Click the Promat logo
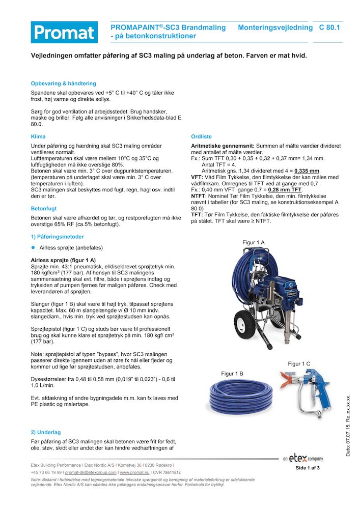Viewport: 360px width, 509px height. (64, 32)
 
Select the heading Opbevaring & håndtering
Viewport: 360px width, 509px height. (63, 83)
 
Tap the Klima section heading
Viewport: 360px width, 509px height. (38, 137)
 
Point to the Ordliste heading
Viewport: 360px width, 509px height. (201, 137)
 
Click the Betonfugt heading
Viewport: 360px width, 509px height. (44, 209)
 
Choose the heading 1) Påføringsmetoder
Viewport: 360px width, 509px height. (58, 237)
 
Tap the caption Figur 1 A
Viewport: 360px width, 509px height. (253, 243)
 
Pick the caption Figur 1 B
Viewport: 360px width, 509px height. (232, 374)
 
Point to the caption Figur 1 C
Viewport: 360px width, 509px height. (299, 363)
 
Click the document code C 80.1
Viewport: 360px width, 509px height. (329, 27)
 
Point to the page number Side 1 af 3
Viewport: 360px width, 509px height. (308, 468)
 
